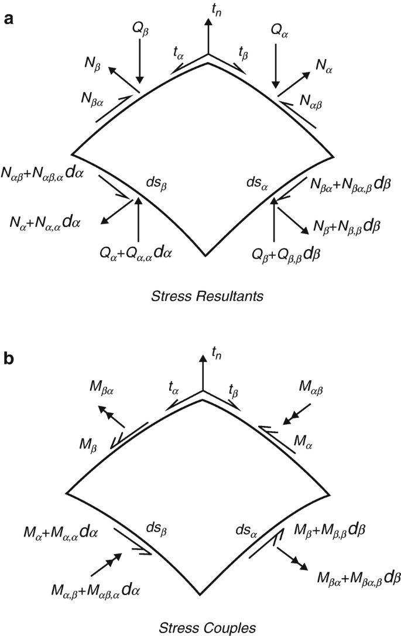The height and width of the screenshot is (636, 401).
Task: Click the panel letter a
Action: tap(8, 18)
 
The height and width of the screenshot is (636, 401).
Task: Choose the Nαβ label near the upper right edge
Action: tap(309, 104)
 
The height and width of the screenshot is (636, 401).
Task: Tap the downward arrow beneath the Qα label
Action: tap(275, 64)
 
